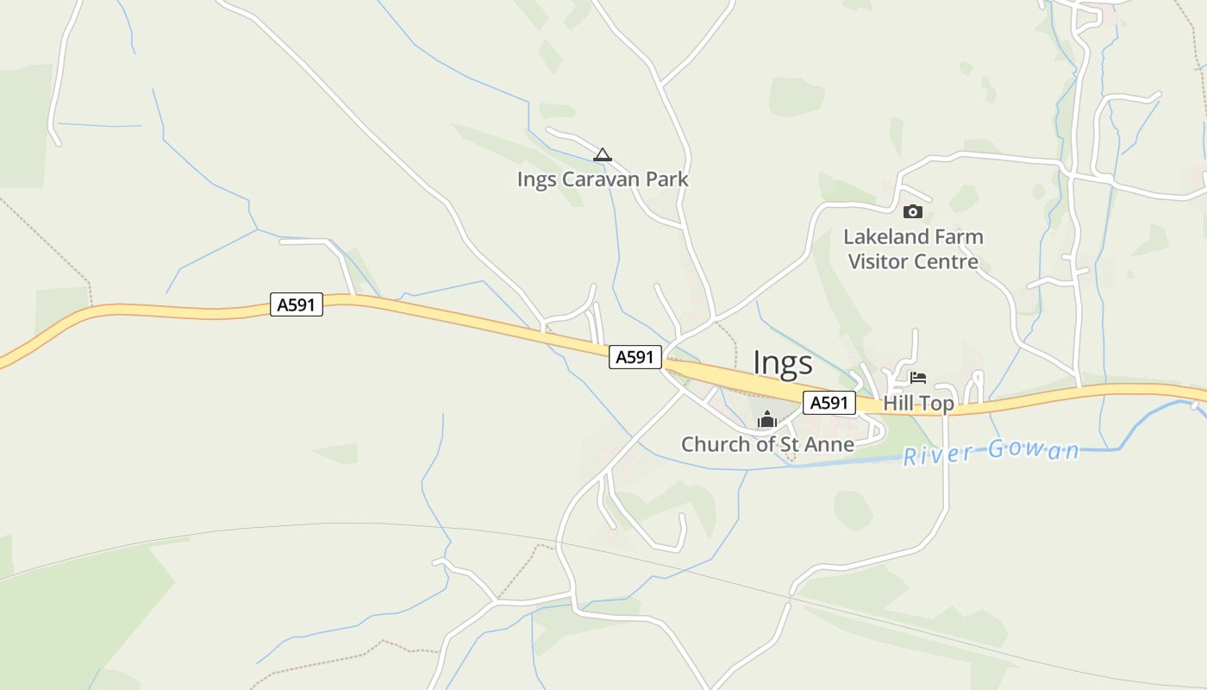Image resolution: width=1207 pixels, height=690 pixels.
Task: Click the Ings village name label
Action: [782, 363]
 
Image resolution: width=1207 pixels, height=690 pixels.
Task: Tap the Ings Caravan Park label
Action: [603, 179]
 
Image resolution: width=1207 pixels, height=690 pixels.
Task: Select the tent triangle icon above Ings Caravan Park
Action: [603, 155]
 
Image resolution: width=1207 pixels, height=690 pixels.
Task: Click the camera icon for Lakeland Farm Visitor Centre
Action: [912, 211]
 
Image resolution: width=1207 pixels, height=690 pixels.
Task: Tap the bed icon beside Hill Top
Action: [918, 378]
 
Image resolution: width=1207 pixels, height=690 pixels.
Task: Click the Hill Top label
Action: [918, 403]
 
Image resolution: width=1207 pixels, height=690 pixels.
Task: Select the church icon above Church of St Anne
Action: [766, 420]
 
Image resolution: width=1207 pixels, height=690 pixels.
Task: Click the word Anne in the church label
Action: [829, 445]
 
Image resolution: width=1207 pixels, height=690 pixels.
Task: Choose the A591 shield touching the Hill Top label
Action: [829, 403]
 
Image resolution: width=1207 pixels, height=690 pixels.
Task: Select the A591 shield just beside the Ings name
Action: [635, 357]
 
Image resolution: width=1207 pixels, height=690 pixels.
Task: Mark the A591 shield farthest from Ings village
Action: [297, 304]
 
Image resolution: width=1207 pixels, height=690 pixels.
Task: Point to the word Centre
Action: [948, 261]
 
